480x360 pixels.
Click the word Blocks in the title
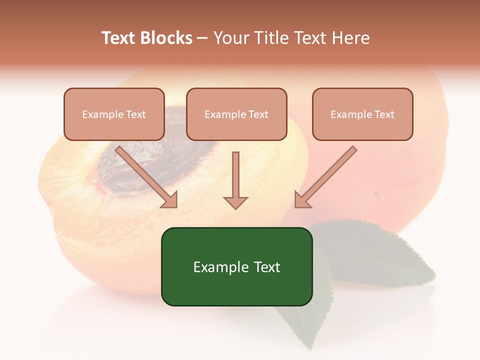pyautogui.click(x=166, y=38)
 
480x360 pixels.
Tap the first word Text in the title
pyautogui.click(x=119, y=38)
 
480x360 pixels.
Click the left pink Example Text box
pyautogui.click(x=114, y=114)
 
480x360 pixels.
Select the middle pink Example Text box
pyautogui.click(x=236, y=114)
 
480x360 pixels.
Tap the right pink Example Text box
pyautogui.click(x=362, y=114)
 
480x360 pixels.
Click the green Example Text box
pyautogui.click(x=236, y=266)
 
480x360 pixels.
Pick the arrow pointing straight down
pyautogui.click(x=235, y=180)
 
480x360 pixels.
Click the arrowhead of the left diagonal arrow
pyautogui.click(x=170, y=200)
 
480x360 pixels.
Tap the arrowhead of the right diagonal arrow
pyautogui.click(x=301, y=200)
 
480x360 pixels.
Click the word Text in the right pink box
pyautogui.click(x=383, y=114)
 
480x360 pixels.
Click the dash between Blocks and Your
pyautogui.click(x=202, y=38)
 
